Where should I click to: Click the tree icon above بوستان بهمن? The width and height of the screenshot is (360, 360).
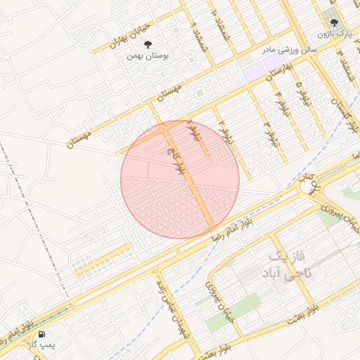point(147,44)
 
